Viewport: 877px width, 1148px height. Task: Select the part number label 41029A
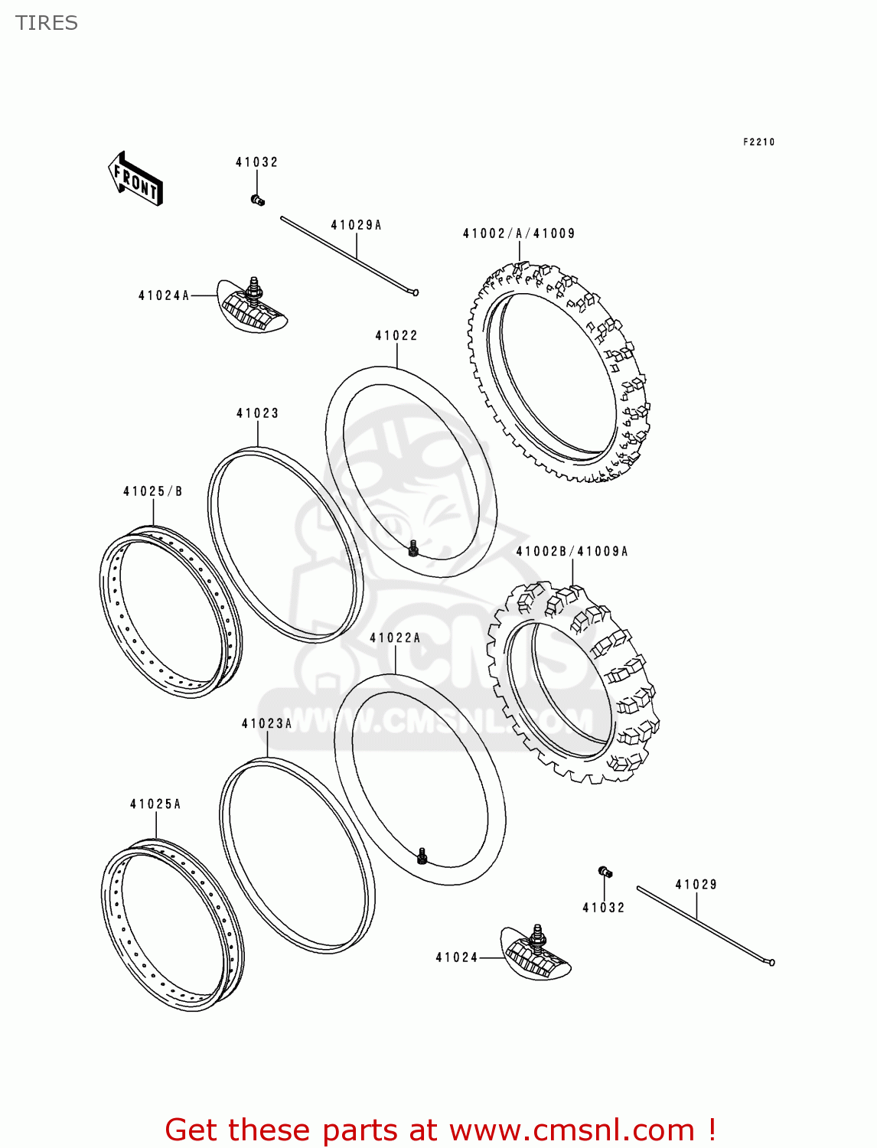tap(356, 225)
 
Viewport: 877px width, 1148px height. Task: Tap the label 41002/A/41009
tap(519, 233)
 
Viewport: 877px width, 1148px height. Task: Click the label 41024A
tap(164, 295)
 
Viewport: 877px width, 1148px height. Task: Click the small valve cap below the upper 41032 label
tap(257, 201)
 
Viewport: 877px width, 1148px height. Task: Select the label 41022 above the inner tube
tap(396, 335)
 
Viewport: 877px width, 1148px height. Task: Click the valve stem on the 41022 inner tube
tap(413, 548)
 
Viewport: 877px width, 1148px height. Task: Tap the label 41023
tap(258, 413)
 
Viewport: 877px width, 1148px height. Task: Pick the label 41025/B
tap(153, 491)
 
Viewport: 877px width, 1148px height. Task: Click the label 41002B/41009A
tap(572, 551)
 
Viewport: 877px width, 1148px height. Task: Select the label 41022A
tap(395, 638)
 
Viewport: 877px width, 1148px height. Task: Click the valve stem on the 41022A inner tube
tap(422, 856)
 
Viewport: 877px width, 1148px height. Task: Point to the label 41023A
tap(267, 723)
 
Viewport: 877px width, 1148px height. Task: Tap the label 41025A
tap(155, 804)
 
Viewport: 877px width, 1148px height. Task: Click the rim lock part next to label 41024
tap(536, 953)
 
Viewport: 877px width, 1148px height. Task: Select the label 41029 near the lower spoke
tap(696, 885)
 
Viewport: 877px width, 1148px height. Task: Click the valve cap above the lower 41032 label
tap(605, 872)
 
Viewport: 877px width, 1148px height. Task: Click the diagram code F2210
tap(758, 142)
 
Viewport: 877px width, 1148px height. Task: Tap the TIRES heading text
tap(47, 23)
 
